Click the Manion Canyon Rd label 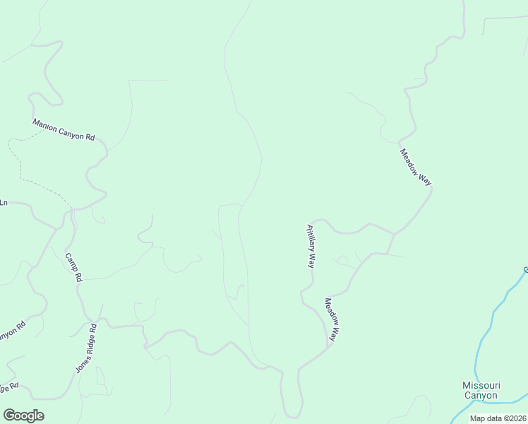pyautogui.click(x=64, y=129)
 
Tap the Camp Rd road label pyautogui.click(x=74, y=268)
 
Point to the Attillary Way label pyautogui.click(x=309, y=246)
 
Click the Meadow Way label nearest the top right pyautogui.click(x=415, y=167)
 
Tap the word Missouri pyautogui.click(x=481, y=385)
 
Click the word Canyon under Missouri pyautogui.click(x=481, y=395)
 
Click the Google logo pyautogui.click(x=23, y=416)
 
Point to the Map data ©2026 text pyautogui.click(x=498, y=418)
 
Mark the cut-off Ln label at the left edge pyautogui.click(x=4, y=203)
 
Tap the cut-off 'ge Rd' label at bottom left pyautogui.click(x=8, y=388)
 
